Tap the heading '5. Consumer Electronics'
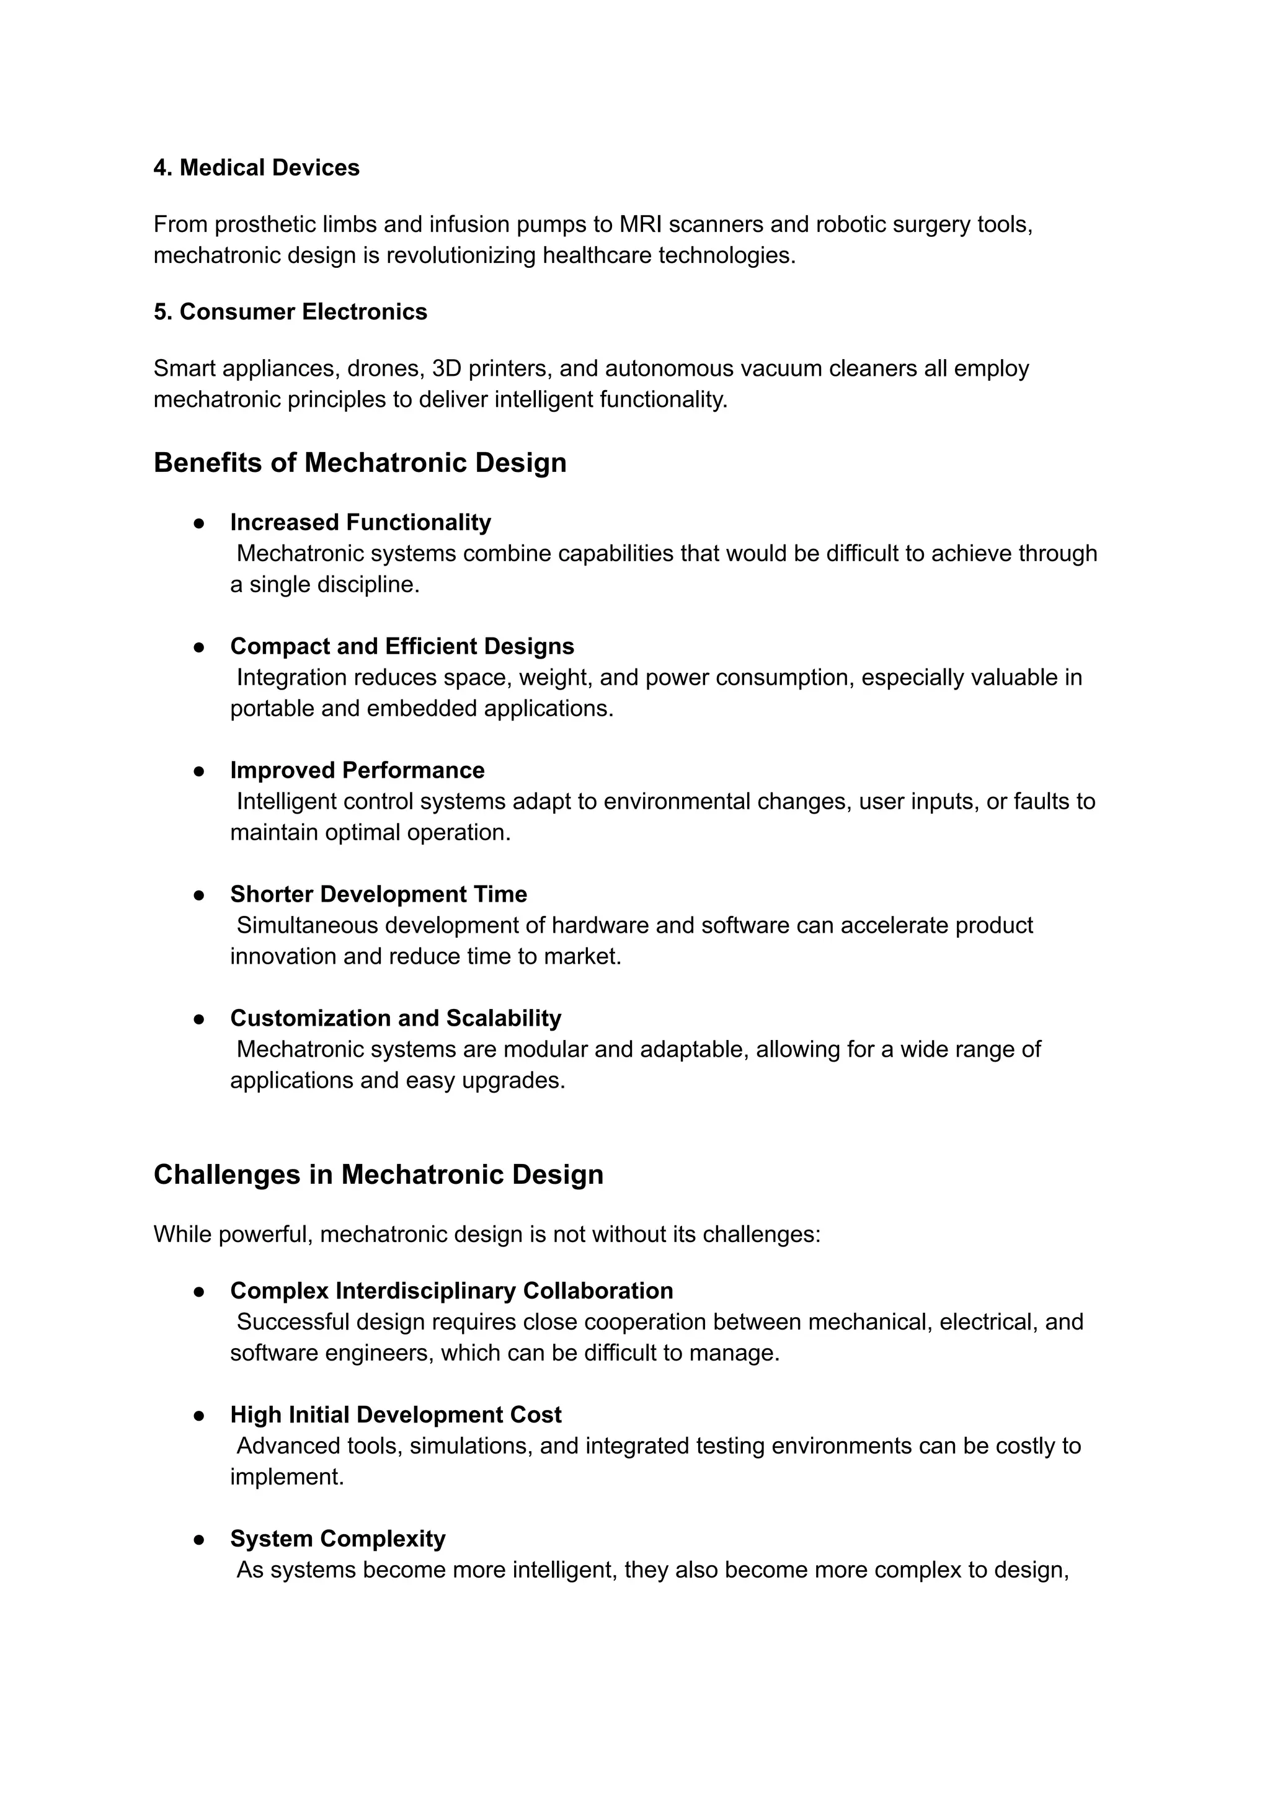(x=290, y=311)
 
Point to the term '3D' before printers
(x=446, y=368)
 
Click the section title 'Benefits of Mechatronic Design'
(x=360, y=462)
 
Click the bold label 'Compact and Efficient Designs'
(x=402, y=646)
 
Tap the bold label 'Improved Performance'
(x=357, y=770)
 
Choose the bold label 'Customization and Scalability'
(x=396, y=1018)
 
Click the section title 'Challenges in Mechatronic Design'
(x=378, y=1175)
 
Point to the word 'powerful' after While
(x=265, y=1234)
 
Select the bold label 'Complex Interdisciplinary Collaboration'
(x=451, y=1290)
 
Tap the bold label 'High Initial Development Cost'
(x=396, y=1414)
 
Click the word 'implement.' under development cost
(x=287, y=1476)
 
